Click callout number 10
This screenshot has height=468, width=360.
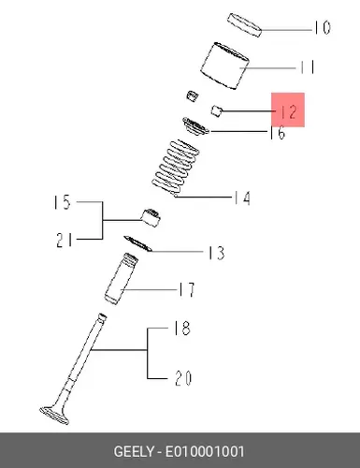click(323, 28)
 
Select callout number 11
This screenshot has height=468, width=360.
click(308, 67)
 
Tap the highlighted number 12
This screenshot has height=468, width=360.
click(289, 111)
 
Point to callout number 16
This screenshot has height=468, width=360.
click(278, 133)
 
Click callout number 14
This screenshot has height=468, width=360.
click(242, 198)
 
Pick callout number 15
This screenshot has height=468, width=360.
click(63, 202)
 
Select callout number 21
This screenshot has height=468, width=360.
click(65, 241)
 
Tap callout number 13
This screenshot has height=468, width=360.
click(216, 253)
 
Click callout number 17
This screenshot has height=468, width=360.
click(186, 290)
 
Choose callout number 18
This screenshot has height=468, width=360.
click(181, 329)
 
